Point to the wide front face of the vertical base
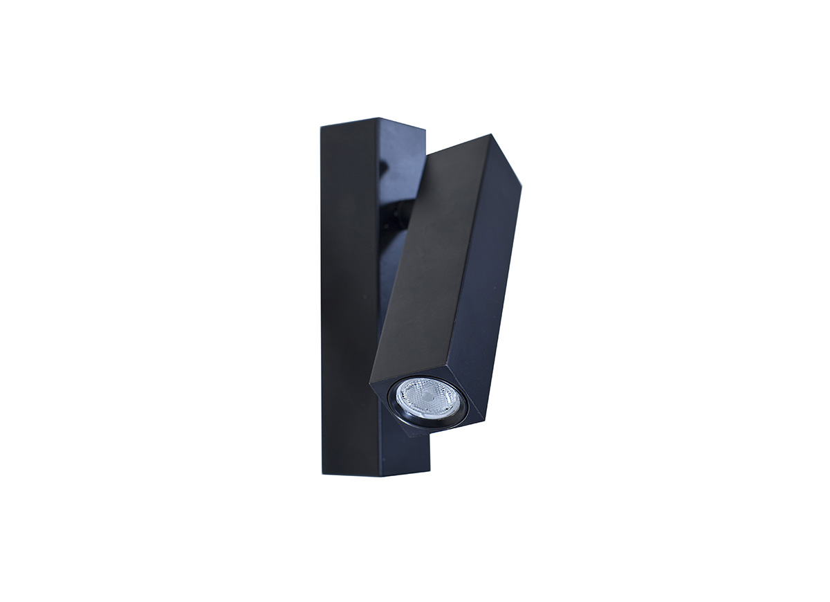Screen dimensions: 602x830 point(350,298)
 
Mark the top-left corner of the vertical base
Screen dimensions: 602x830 point(320,127)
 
